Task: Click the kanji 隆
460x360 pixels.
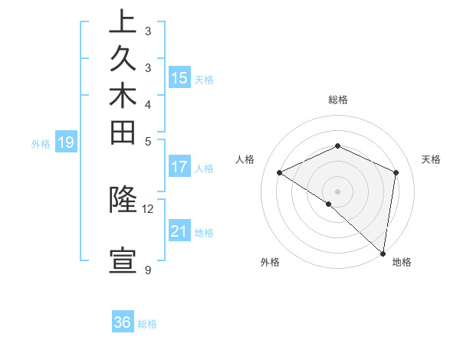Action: [x=123, y=200]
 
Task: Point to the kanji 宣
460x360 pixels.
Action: [x=123, y=261]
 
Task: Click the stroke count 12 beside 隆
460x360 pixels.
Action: [x=148, y=208]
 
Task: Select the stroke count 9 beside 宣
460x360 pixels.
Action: [x=148, y=270]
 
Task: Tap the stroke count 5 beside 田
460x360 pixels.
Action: [x=148, y=141]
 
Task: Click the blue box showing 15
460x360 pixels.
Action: [x=179, y=77]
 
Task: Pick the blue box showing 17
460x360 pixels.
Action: [x=179, y=166]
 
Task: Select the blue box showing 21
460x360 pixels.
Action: [x=179, y=231]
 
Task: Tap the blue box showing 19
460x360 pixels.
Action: [x=66, y=142]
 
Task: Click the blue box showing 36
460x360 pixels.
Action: [x=123, y=322]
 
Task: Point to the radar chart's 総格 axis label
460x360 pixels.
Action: [x=338, y=100]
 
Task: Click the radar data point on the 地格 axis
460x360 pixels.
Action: [x=384, y=253]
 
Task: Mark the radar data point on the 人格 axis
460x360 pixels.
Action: [x=280, y=172]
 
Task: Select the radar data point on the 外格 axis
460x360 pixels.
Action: [x=328, y=204]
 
